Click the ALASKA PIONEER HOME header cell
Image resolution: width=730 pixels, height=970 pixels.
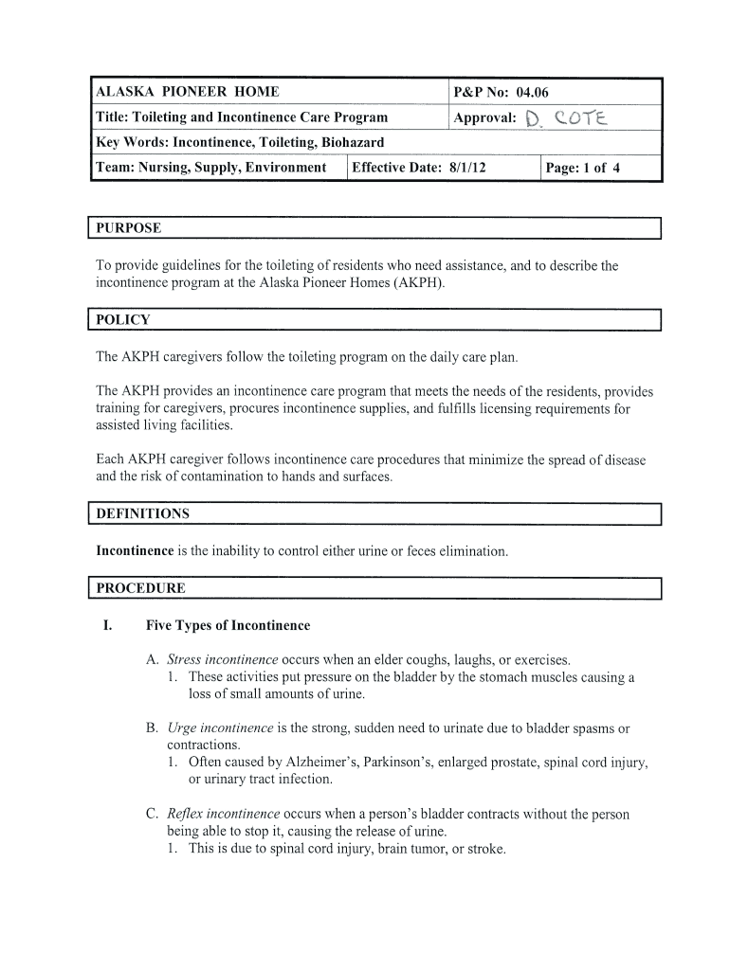click(x=188, y=92)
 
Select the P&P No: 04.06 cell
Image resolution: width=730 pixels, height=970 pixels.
click(x=501, y=92)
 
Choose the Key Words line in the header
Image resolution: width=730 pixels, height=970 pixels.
click(x=240, y=142)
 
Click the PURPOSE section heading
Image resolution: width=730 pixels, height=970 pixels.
click(x=128, y=228)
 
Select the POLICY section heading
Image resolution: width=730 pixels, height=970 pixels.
click(x=122, y=319)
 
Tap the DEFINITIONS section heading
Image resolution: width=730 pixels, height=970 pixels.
click(x=142, y=513)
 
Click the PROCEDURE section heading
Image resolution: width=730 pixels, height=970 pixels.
click(x=140, y=587)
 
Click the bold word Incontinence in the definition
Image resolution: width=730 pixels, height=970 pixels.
click(x=135, y=550)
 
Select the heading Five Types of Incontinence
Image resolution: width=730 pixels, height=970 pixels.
click(x=228, y=625)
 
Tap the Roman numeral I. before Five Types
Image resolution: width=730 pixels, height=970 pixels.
click(x=108, y=625)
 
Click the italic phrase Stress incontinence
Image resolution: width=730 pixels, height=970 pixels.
click(x=222, y=659)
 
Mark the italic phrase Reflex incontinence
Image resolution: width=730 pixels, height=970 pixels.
click(x=224, y=814)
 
